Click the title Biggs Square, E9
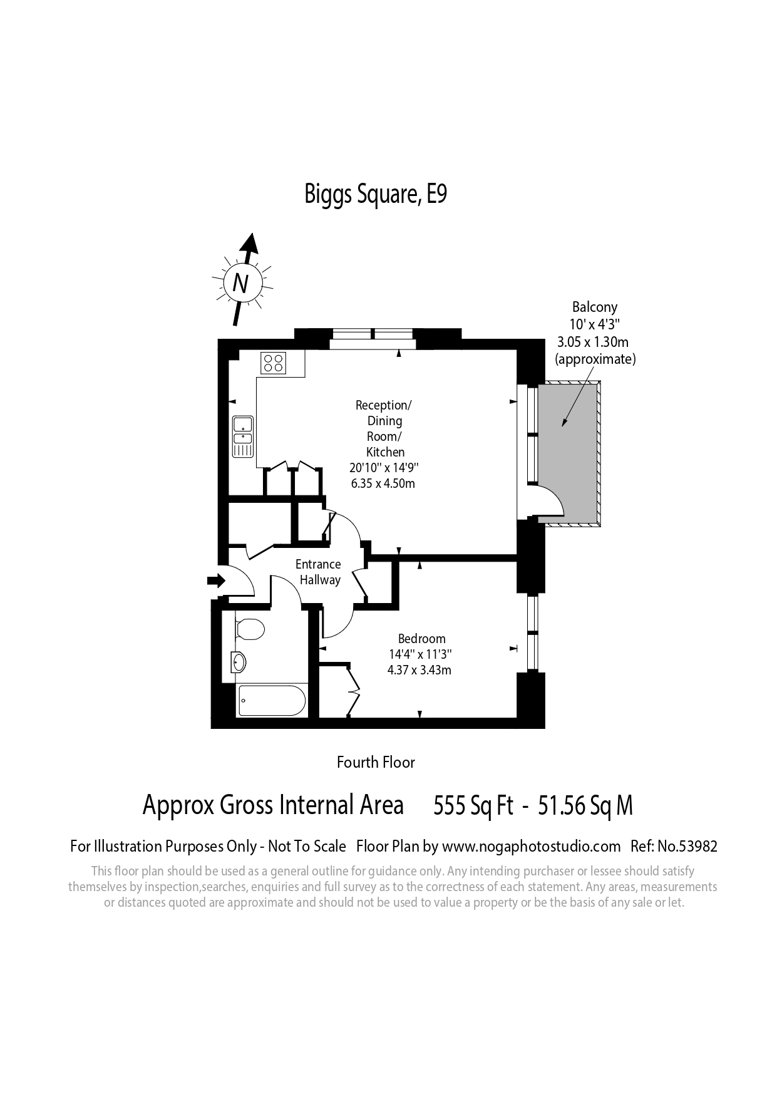point(376,194)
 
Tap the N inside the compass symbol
point(240,284)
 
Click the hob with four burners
point(274,363)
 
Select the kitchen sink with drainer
point(242,436)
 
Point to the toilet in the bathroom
point(250,629)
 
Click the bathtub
point(272,700)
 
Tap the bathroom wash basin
point(239,661)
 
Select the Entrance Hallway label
point(319,572)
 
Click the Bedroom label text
point(422,639)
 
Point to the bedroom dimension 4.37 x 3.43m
point(419,670)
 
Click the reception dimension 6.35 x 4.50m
point(383,483)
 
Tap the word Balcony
point(595,307)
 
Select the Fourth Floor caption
point(376,762)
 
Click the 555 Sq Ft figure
point(473,806)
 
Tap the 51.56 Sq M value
point(585,806)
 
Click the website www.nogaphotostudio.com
point(532,847)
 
